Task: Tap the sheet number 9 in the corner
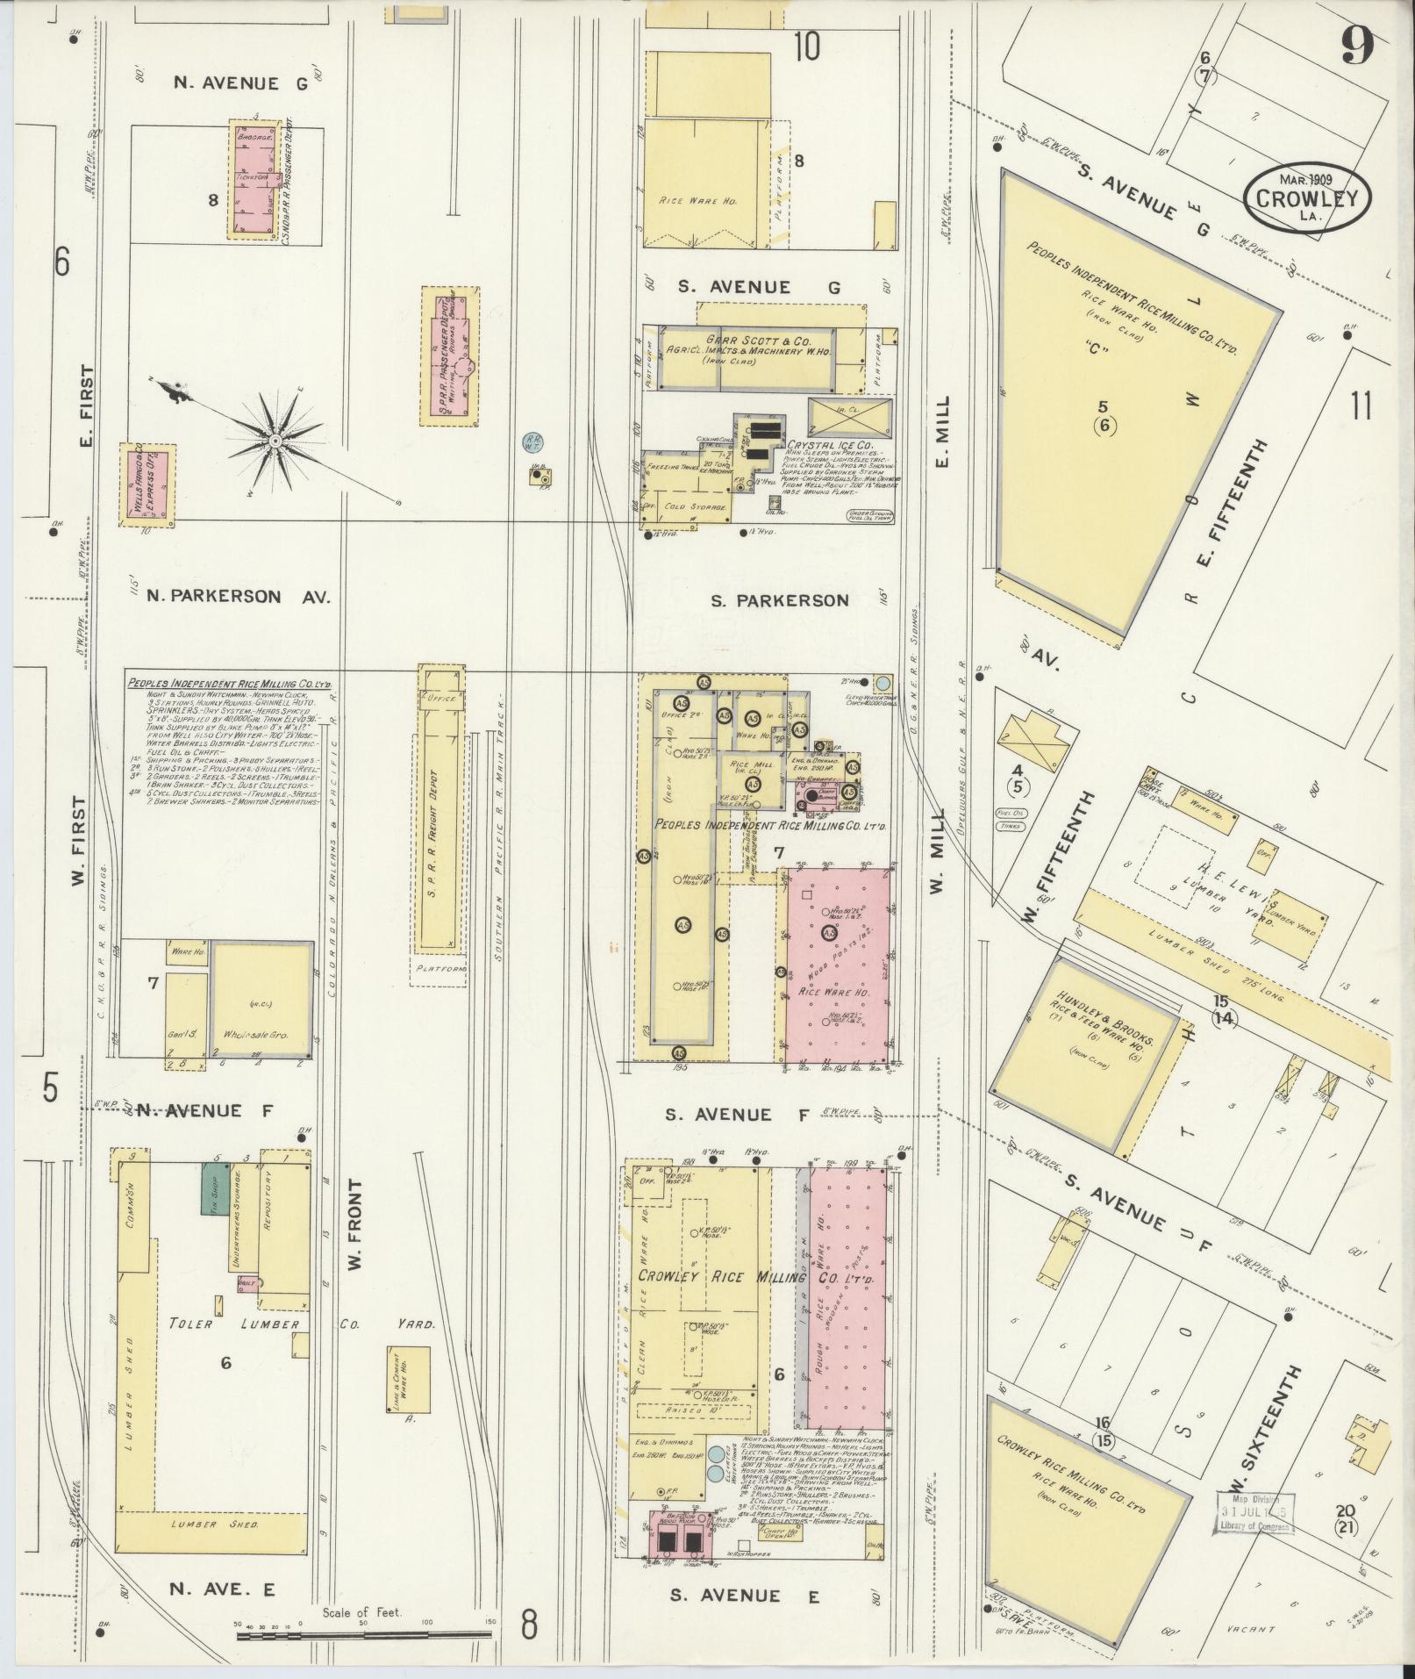[x=1356, y=47]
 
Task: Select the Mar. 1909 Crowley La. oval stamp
[x=1306, y=198]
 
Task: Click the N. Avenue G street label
[x=226, y=83]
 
